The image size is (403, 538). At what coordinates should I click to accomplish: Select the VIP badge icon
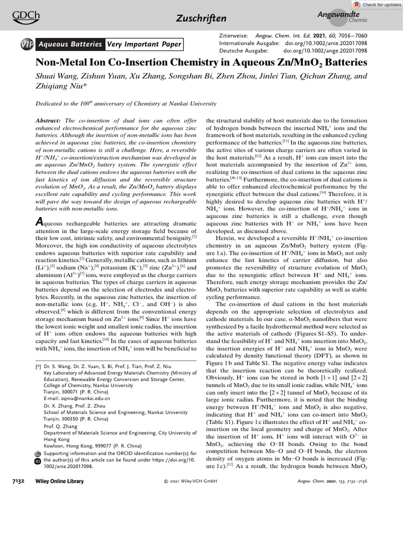27,45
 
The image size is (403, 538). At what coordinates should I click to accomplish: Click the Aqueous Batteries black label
71,45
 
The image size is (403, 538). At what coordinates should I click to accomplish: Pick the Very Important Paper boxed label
144,45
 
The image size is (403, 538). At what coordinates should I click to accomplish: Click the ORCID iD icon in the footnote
37,461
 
